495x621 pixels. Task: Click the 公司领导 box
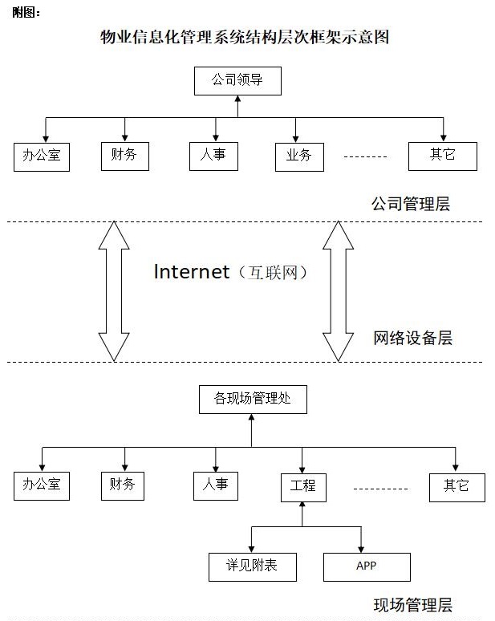237,80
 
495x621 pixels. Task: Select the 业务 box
298,156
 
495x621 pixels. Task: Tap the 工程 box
302,486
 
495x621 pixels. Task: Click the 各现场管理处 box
253,399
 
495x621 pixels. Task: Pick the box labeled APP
367,566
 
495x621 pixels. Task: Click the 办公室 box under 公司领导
42,156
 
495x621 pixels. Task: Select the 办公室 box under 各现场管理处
42,485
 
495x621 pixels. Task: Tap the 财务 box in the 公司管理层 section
124,154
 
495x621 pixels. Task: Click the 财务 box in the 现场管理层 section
124,485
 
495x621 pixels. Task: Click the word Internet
192,272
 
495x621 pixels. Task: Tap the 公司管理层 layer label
410,204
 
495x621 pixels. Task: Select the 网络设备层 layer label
412,338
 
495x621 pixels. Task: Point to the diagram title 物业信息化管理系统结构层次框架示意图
245,37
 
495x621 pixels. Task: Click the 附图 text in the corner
26,12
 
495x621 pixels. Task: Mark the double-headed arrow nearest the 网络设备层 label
338,290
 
